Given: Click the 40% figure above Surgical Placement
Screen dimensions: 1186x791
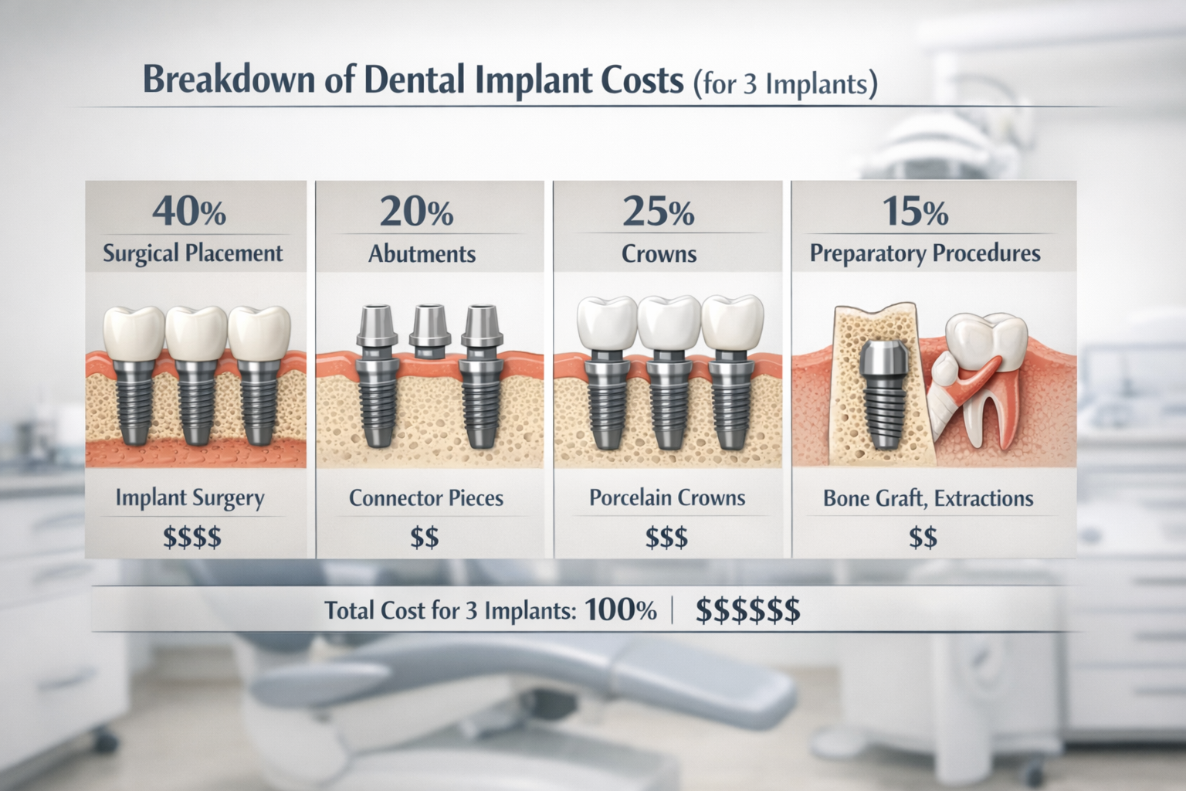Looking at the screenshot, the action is point(189,211).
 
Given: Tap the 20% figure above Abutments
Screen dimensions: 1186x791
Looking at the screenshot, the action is point(416,211).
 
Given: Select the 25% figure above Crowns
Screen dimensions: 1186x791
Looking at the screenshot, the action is point(658,211).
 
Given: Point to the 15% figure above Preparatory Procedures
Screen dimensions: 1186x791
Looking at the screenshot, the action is point(914,211).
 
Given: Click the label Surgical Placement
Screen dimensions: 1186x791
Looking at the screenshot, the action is point(193,253).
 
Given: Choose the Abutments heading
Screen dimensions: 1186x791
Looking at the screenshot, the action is point(422,254).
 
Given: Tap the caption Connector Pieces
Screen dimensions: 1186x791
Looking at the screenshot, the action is point(426,498).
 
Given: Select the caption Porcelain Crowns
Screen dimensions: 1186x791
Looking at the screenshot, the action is point(667,497).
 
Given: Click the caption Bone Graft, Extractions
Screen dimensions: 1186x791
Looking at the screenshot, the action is point(928,498).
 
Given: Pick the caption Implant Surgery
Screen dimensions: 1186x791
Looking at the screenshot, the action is point(190,498).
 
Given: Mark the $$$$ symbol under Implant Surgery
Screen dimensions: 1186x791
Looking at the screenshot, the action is point(192,537).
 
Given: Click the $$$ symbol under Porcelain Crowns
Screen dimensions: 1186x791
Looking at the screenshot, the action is point(666,537).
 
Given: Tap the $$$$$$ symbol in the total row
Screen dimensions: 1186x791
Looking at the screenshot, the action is point(747,610).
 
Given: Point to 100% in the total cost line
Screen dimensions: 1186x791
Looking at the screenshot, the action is point(621,610).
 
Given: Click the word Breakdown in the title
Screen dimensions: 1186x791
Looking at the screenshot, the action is point(229,80).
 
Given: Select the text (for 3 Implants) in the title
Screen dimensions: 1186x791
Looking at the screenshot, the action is point(785,83).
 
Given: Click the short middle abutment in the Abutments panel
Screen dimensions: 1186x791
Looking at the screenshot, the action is point(429,331).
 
